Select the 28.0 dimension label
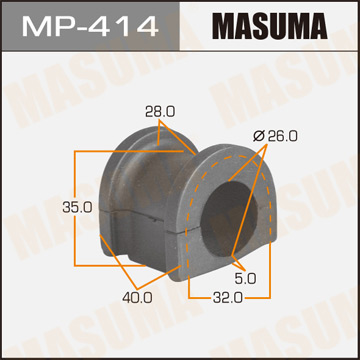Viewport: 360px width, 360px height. [152, 112]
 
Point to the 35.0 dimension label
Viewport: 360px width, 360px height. [50, 207]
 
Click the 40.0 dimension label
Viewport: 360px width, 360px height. [137, 296]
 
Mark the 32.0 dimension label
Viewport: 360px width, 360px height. [227, 297]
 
